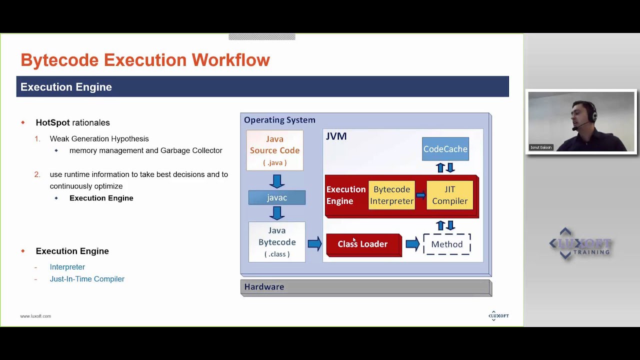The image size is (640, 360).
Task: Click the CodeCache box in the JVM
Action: coord(445,149)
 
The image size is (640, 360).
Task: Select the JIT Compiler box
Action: coord(449,195)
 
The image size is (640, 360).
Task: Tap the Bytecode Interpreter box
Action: coord(391,195)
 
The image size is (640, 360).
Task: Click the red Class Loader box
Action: coord(363,244)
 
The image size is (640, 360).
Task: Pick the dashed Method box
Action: coord(446,244)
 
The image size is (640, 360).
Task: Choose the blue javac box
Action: coord(276,197)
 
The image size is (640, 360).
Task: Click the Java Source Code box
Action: coord(274,150)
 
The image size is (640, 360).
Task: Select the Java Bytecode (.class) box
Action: coord(276,242)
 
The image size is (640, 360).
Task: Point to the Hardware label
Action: coord(264,287)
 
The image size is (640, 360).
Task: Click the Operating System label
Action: coord(279,120)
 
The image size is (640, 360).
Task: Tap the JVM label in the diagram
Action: coord(336,136)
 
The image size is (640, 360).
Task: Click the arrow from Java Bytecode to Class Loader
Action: coord(314,244)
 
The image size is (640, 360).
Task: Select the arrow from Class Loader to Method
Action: coord(412,244)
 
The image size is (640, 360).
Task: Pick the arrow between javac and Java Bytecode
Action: coord(276,213)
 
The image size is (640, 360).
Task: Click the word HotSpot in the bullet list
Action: coord(52,122)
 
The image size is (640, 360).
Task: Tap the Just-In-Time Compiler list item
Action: coord(87,279)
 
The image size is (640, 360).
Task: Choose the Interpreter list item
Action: coord(67,267)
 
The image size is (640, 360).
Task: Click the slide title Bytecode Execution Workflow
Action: coord(145,60)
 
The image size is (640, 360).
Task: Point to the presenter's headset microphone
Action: coord(576,127)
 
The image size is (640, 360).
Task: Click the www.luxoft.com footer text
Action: coord(35,316)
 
